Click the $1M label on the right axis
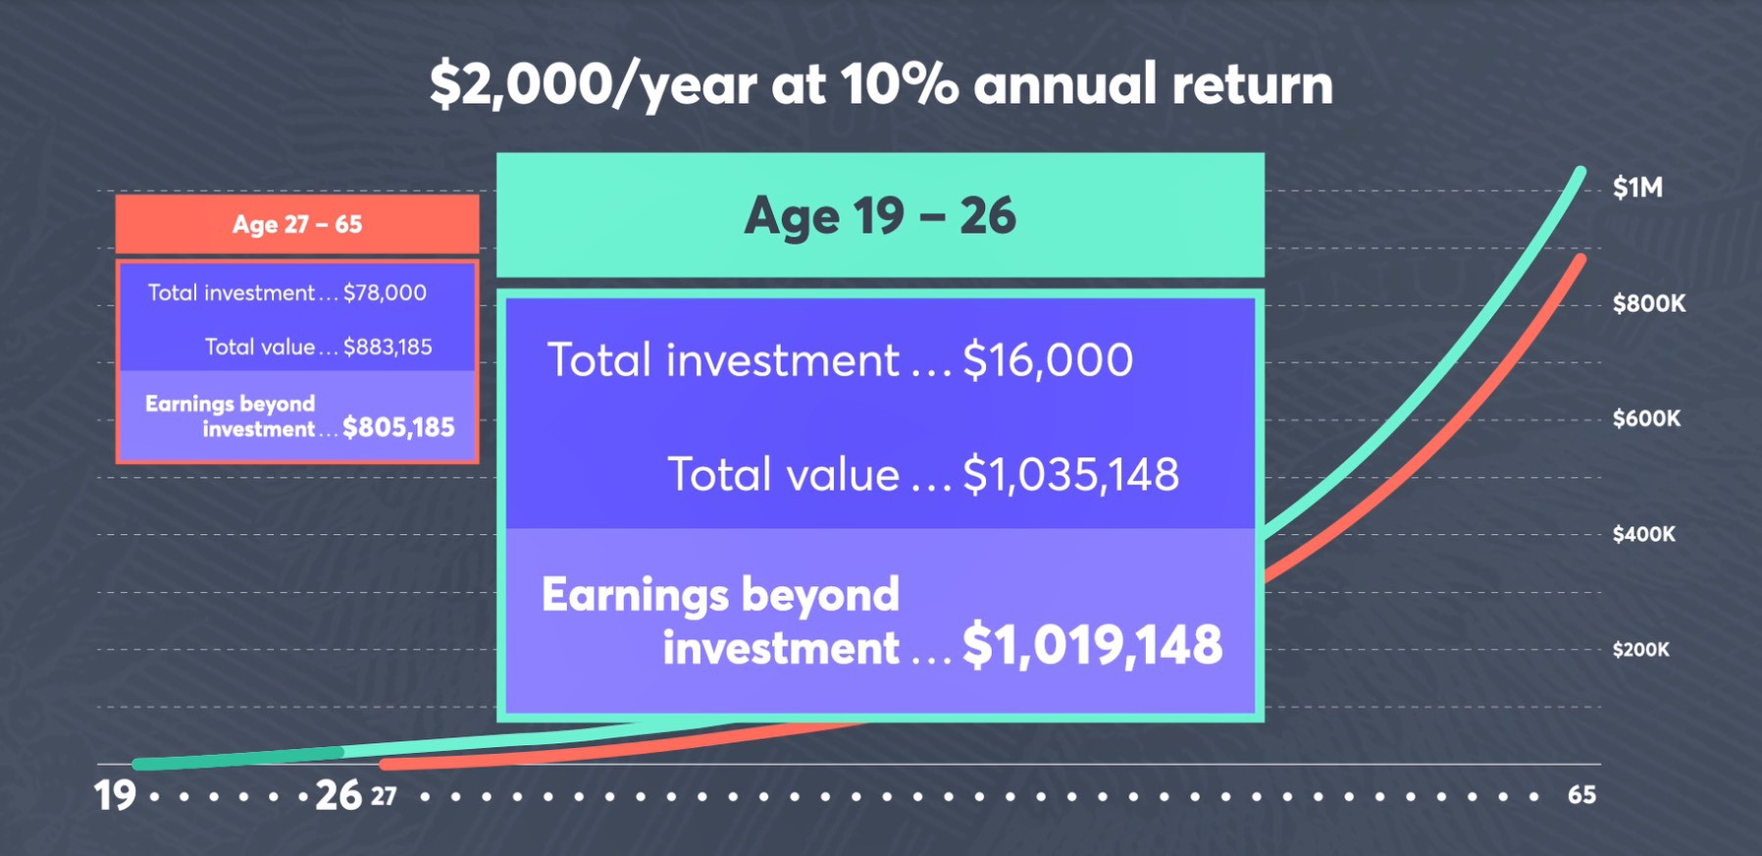point(1637,187)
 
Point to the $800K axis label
point(1649,303)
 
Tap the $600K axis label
point(1646,418)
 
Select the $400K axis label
point(1644,534)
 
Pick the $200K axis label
point(1640,649)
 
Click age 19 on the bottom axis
point(115,795)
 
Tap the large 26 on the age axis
point(338,795)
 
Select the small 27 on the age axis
point(384,796)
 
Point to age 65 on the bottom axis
point(1581,794)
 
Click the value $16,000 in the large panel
point(1048,359)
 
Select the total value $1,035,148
point(1070,474)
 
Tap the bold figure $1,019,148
point(1092,645)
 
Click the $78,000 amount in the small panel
point(385,293)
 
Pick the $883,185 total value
point(388,347)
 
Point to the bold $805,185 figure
point(398,427)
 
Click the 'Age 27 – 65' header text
point(297,225)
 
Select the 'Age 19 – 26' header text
point(880,216)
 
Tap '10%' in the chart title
point(899,83)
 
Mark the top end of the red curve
point(1581,259)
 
